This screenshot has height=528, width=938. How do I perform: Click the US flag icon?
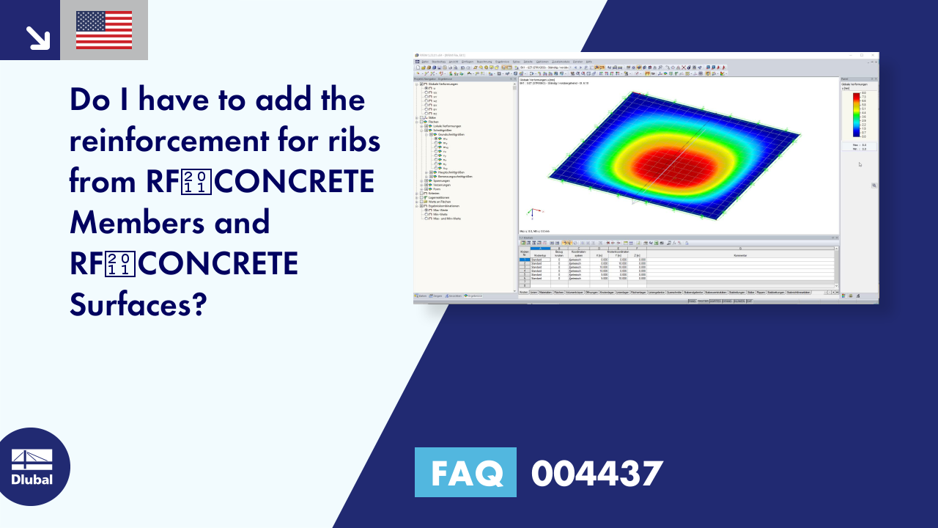(104, 30)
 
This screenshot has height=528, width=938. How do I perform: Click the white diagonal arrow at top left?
(37, 37)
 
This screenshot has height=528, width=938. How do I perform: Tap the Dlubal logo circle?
(32, 467)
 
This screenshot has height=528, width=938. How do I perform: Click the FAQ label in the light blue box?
(465, 473)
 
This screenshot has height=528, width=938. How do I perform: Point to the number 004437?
(597, 473)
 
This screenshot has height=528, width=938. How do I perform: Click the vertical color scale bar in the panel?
(856, 115)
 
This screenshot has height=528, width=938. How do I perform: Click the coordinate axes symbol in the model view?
(531, 213)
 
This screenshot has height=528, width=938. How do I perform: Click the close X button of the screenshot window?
(874, 55)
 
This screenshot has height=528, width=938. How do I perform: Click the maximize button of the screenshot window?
(862, 55)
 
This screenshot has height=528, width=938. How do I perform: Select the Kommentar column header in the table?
(740, 255)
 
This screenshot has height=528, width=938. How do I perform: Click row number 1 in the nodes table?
(524, 260)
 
